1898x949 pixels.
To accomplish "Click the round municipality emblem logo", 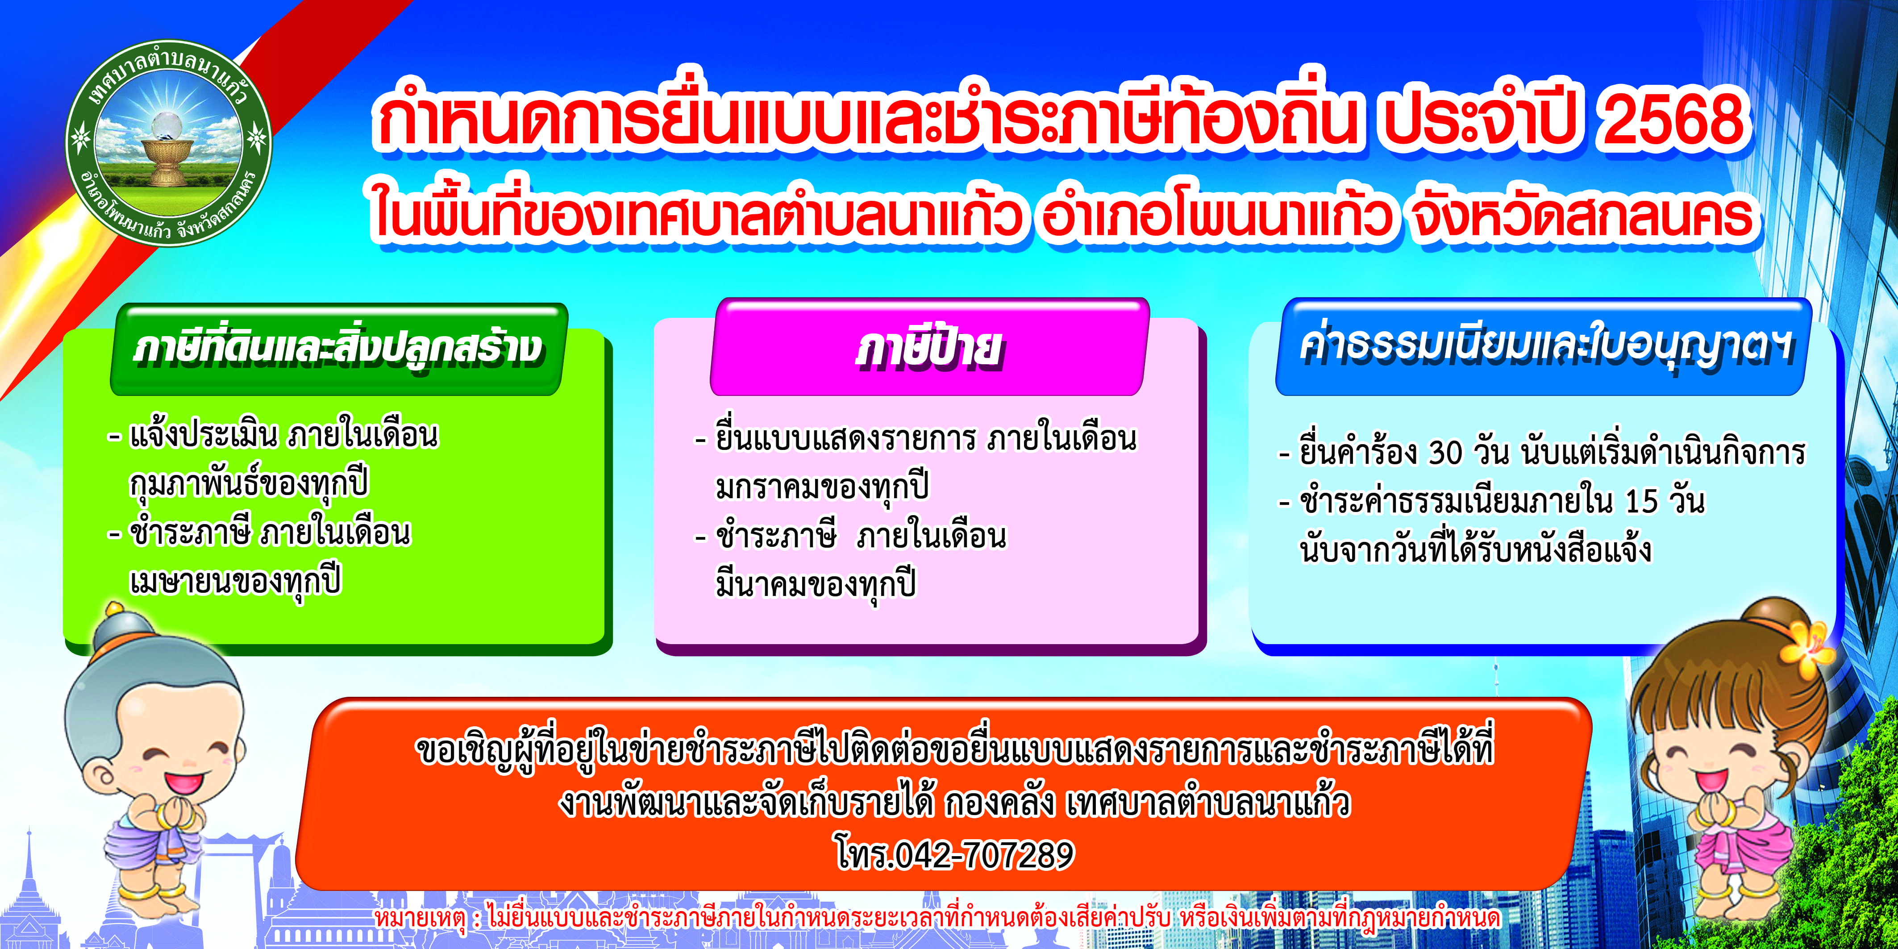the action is point(169,143).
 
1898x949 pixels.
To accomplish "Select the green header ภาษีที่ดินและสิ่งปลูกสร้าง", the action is point(338,349).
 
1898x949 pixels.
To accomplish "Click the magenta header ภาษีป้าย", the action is point(929,347).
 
